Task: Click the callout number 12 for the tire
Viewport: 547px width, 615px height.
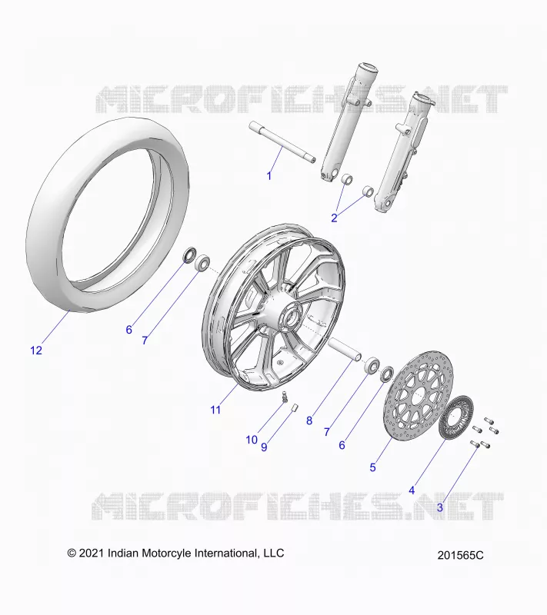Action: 36,351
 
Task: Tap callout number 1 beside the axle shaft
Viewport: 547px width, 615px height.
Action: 269,176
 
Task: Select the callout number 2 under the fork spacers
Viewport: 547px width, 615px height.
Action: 335,218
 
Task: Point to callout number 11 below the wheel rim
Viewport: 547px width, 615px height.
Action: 215,410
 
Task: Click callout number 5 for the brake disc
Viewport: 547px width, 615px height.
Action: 373,467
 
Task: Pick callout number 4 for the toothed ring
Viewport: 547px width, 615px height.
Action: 412,490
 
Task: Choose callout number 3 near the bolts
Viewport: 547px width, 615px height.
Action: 440,507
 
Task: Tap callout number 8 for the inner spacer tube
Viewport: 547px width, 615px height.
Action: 309,421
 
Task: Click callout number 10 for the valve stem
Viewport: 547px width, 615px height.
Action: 252,440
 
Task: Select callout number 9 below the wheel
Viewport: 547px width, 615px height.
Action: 264,447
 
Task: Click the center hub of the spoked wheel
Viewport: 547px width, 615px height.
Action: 292,314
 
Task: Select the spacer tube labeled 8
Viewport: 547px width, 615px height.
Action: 344,350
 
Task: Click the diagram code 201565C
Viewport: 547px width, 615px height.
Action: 460,555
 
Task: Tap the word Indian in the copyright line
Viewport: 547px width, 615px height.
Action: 123,553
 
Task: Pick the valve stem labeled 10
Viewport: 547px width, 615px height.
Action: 285,397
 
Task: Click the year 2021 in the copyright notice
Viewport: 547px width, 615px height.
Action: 92,553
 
